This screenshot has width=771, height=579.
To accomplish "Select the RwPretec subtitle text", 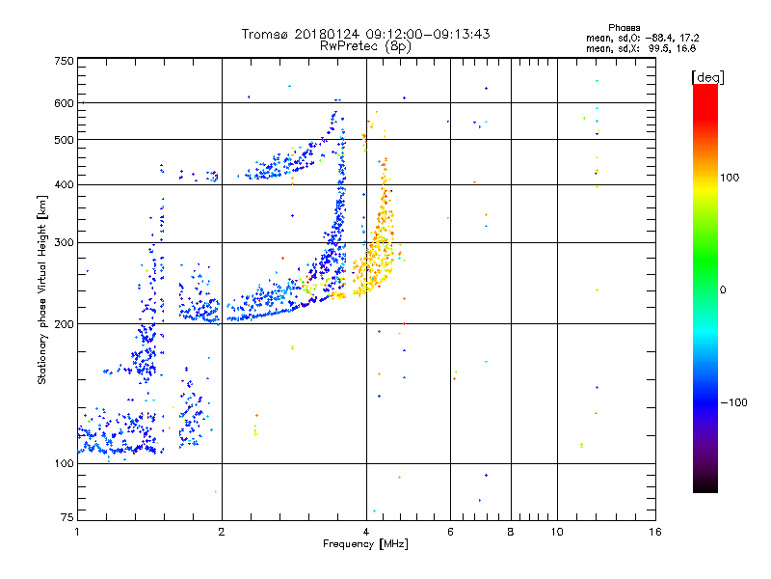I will click(x=350, y=45).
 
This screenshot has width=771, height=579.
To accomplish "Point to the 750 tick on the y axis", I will click(x=64, y=60).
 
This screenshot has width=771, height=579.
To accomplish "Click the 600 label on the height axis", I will click(x=64, y=103).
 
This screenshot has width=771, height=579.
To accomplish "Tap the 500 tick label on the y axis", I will click(x=64, y=140).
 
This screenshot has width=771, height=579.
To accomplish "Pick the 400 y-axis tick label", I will click(x=64, y=184).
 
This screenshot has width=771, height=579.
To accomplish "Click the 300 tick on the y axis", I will click(x=64, y=242).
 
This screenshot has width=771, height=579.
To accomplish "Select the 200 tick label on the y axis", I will click(x=64, y=324).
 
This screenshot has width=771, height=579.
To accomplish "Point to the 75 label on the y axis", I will click(x=66, y=519).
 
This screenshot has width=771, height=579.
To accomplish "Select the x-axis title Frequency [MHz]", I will click(x=366, y=545).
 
